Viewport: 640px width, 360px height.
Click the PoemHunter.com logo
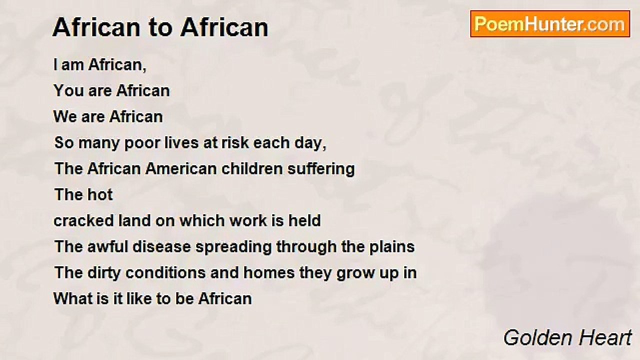[550, 23]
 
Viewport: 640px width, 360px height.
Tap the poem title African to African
[160, 27]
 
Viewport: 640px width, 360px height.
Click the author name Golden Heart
[567, 338]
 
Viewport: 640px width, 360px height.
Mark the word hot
[98, 194]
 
